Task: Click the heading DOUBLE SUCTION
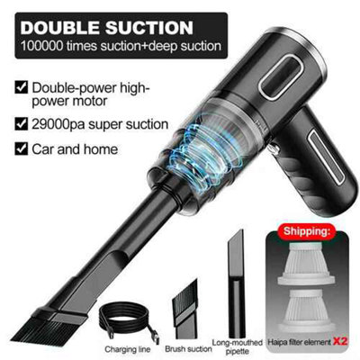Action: coord(106,28)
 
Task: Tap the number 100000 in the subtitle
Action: coord(41,46)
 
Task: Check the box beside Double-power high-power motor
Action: coord(22,87)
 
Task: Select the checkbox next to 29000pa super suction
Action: coord(22,124)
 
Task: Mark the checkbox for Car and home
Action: coord(22,148)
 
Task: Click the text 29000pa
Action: coord(58,125)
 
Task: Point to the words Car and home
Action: coord(75,149)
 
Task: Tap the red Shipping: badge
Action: coord(306,231)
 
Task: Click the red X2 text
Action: coord(340,341)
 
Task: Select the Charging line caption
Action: coord(128,349)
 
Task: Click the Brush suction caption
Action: coord(188,349)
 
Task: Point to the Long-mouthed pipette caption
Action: coord(238,346)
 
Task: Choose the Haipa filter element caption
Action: coord(299,341)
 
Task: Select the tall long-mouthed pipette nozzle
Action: coord(235,283)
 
